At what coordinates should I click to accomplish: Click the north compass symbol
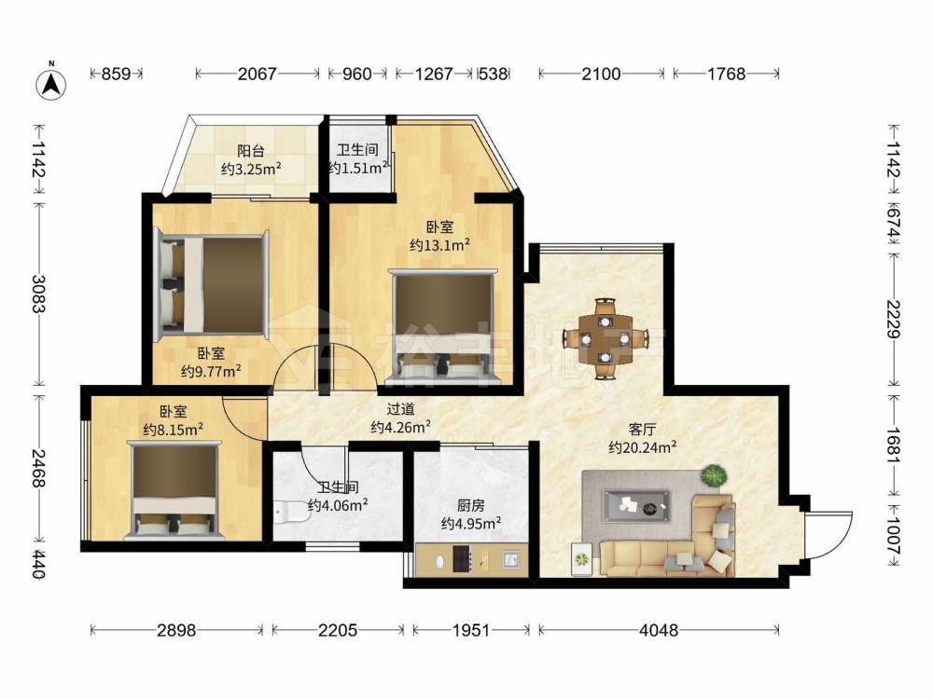[51, 84]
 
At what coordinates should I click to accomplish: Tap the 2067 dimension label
[258, 74]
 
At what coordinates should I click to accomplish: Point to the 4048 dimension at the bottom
[659, 630]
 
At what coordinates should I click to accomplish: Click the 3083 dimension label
[39, 294]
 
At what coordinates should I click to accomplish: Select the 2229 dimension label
[894, 319]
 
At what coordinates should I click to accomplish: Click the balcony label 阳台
[250, 151]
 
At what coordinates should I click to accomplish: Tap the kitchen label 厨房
[470, 506]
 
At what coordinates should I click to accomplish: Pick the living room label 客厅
[643, 429]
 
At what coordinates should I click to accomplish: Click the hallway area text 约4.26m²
[401, 426]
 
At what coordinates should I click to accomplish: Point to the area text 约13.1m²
[440, 244]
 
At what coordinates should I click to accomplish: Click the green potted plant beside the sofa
[714, 476]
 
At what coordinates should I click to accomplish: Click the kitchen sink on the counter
[510, 558]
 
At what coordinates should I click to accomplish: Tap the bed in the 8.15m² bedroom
[174, 490]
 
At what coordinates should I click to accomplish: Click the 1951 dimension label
[470, 630]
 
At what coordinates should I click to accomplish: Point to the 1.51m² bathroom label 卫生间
[357, 150]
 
